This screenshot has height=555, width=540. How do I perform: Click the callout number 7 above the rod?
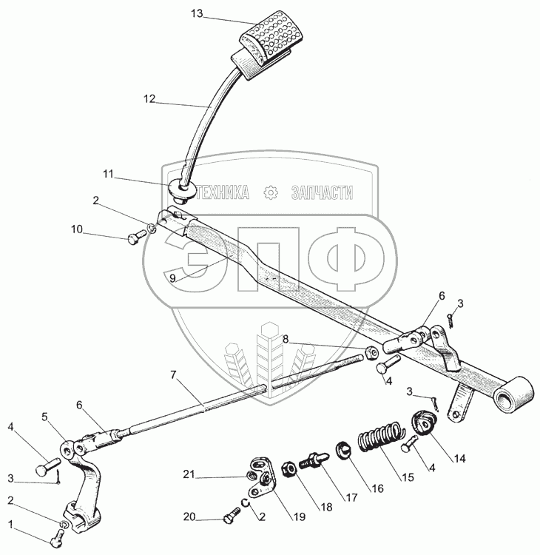pos(174,375)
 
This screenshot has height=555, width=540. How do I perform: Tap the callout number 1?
pos(10,524)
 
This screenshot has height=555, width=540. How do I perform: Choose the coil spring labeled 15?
pos(380,437)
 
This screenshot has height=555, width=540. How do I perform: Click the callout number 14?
pos(460,458)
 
